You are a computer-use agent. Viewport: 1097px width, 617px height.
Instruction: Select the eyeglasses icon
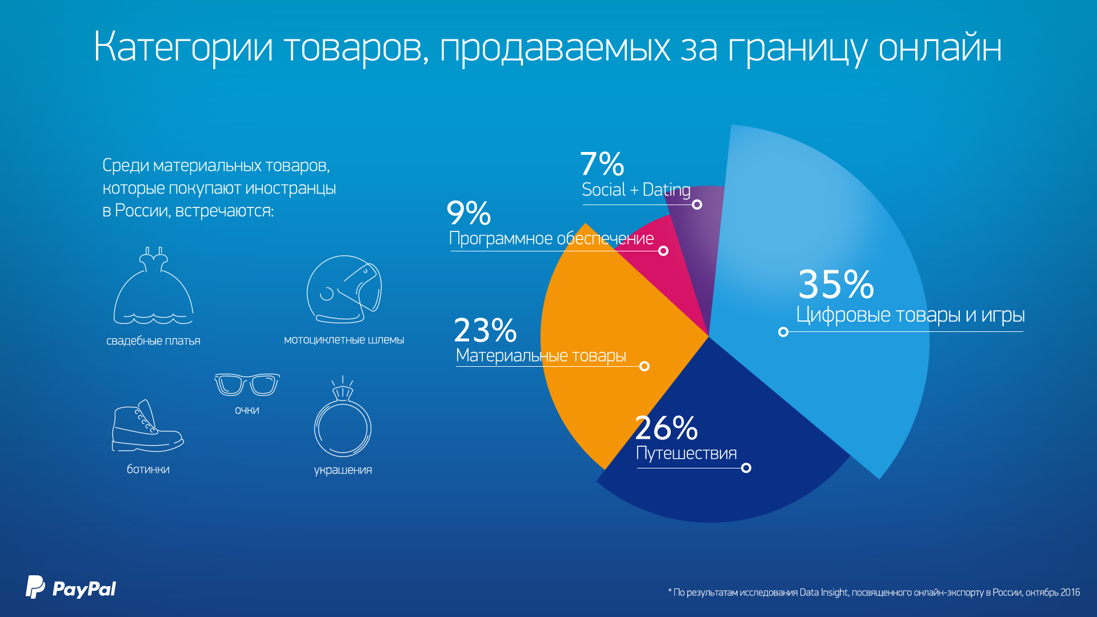tap(247, 384)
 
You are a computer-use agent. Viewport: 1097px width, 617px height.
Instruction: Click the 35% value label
tap(836, 285)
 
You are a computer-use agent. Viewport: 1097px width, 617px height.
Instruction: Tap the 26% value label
tap(666, 428)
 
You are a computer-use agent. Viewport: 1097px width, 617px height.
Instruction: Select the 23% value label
tap(485, 330)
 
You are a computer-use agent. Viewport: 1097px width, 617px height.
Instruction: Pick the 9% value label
tap(469, 213)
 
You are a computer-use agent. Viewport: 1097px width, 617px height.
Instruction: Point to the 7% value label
tap(602, 164)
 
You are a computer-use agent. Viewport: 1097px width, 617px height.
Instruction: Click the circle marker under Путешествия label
tap(746, 468)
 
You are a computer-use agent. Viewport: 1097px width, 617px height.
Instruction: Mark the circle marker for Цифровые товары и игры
tap(783, 332)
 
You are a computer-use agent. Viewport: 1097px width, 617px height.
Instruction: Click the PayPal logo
tap(71, 588)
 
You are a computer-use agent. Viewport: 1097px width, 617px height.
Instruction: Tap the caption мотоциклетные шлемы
tap(344, 340)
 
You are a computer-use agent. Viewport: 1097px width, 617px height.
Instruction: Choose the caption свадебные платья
tap(153, 341)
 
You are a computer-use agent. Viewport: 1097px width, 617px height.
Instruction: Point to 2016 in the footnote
tap(1070, 592)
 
